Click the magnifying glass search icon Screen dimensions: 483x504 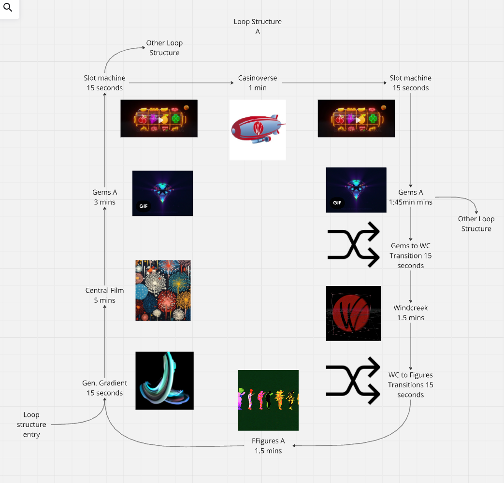8,8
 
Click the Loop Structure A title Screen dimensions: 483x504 258,27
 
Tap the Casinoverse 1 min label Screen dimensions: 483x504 258,83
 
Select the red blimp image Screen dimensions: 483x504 258,129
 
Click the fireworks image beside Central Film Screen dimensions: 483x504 163,290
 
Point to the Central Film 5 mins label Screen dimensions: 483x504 104,295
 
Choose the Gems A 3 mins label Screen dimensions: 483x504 104,197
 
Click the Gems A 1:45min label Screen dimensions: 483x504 411,197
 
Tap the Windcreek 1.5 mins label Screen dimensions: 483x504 411,313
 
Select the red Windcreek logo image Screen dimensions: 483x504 353,313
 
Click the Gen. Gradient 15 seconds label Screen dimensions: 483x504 104,388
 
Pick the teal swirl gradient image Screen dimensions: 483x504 164,381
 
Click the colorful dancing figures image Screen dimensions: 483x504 268,400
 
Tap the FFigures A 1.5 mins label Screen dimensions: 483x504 268,445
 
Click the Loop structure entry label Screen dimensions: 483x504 31,425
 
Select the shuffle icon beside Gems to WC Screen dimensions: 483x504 353,244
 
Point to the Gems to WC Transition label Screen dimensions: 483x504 411,256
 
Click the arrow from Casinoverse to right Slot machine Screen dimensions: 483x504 333,83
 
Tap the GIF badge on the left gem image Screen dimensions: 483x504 144,206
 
